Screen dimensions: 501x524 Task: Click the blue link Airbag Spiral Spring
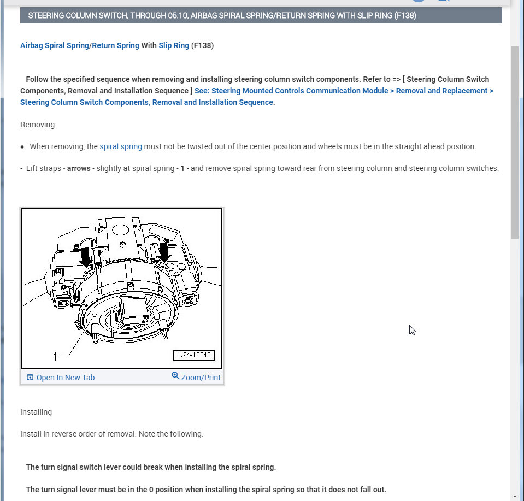coord(54,45)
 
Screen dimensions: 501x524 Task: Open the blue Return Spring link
coord(115,45)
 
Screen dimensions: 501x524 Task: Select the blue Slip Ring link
coord(174,45)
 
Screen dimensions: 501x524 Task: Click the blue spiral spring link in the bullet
coord(121,146)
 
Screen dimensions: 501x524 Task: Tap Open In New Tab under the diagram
coord(65,378)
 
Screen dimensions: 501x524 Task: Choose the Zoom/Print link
coord(201,378)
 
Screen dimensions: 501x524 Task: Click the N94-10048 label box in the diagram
coord(194,356)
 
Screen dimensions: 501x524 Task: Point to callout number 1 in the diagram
coord(55,356)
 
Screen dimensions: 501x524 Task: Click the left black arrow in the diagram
coord(86,256)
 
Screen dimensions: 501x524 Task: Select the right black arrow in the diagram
coord(164,251)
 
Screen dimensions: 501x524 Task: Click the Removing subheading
coord(37,125)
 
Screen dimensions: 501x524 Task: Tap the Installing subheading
coord(36,412)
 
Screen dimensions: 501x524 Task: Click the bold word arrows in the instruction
coord(79,168)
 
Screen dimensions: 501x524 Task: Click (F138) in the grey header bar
coord(405,15)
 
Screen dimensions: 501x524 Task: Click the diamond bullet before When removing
coord(22,147)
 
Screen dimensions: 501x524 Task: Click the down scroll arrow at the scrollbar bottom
coord(515,496)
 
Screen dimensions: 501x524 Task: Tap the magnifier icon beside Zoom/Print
coord(175,376)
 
